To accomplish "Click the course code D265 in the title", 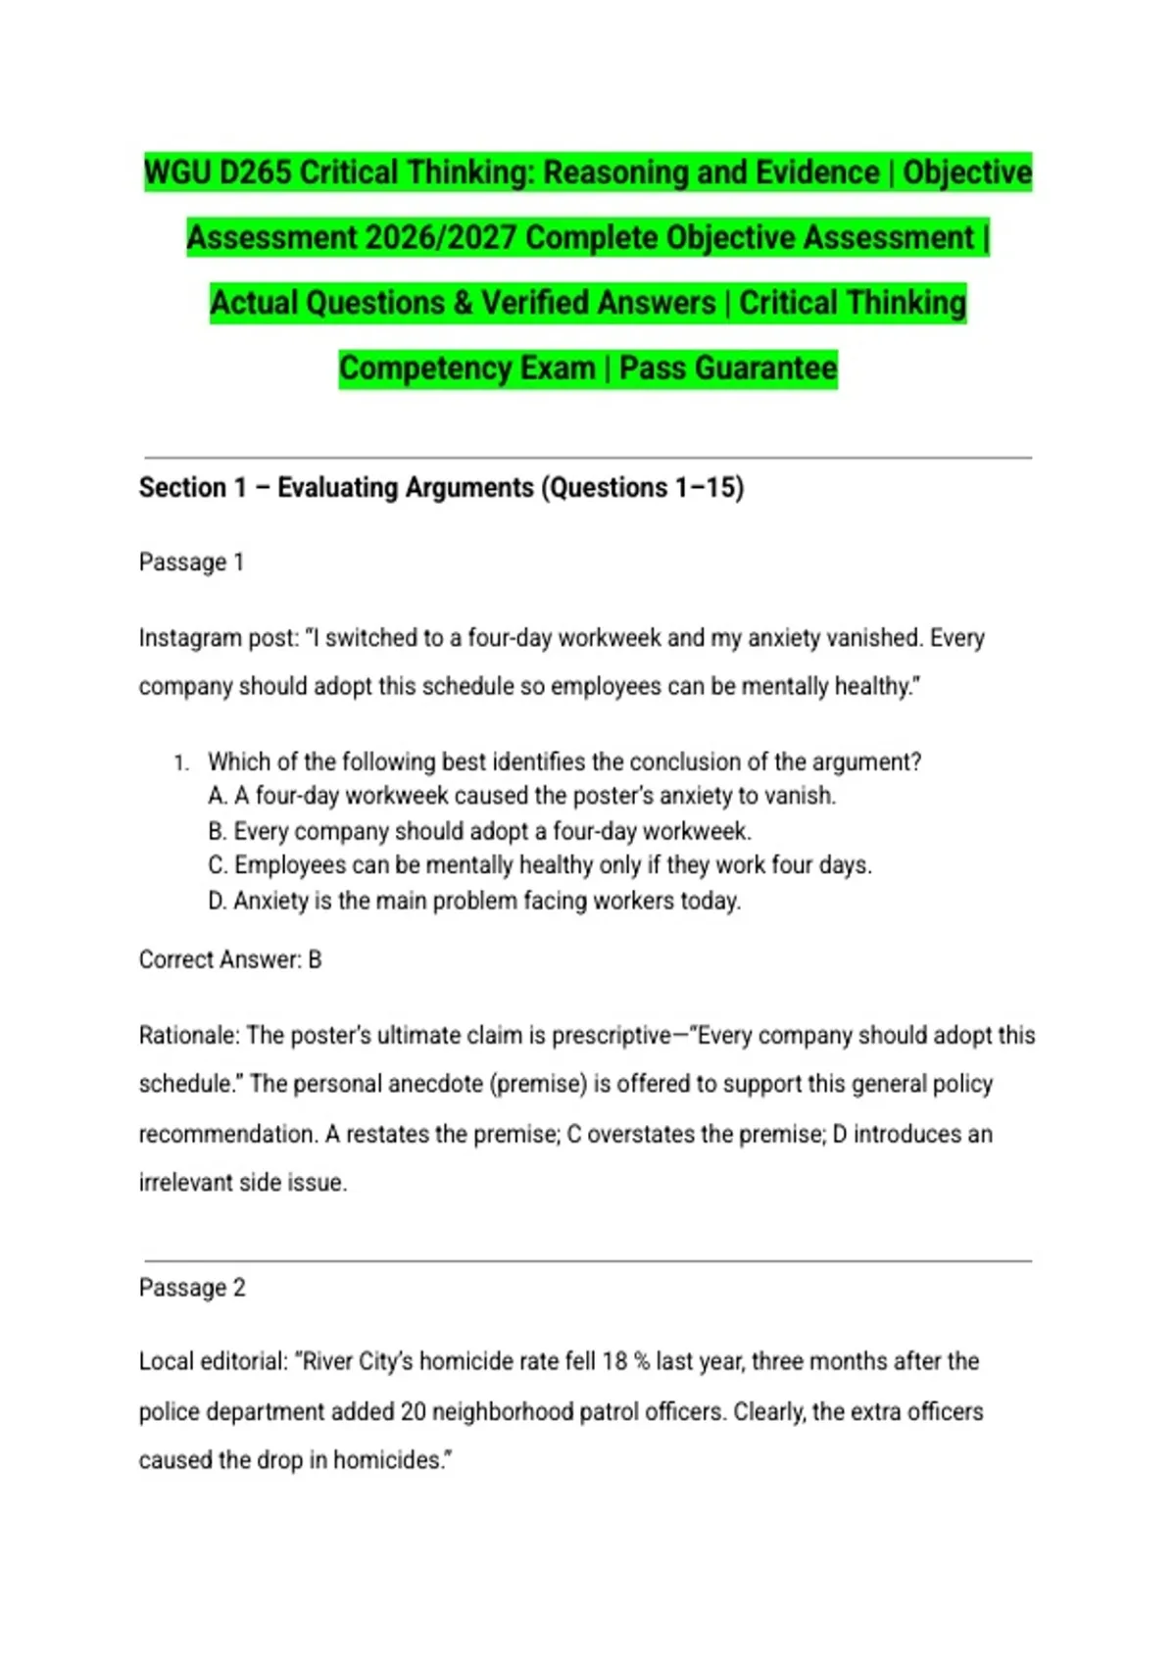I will coord(255,172).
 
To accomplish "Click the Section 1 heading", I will coord(441,487).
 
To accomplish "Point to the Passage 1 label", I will coord(191,563).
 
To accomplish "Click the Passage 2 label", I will coord(192,1288).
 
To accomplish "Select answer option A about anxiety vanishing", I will coord(522,796).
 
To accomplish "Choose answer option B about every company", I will coord(480,831).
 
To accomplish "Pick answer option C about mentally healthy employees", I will coord(540,865).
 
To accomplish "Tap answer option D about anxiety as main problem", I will coord(475,901).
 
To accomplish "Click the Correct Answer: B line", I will coord(230,959).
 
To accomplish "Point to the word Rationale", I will coord(187,1036).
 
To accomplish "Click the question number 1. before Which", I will coord(181,762).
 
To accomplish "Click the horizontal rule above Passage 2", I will coord(588,1261).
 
